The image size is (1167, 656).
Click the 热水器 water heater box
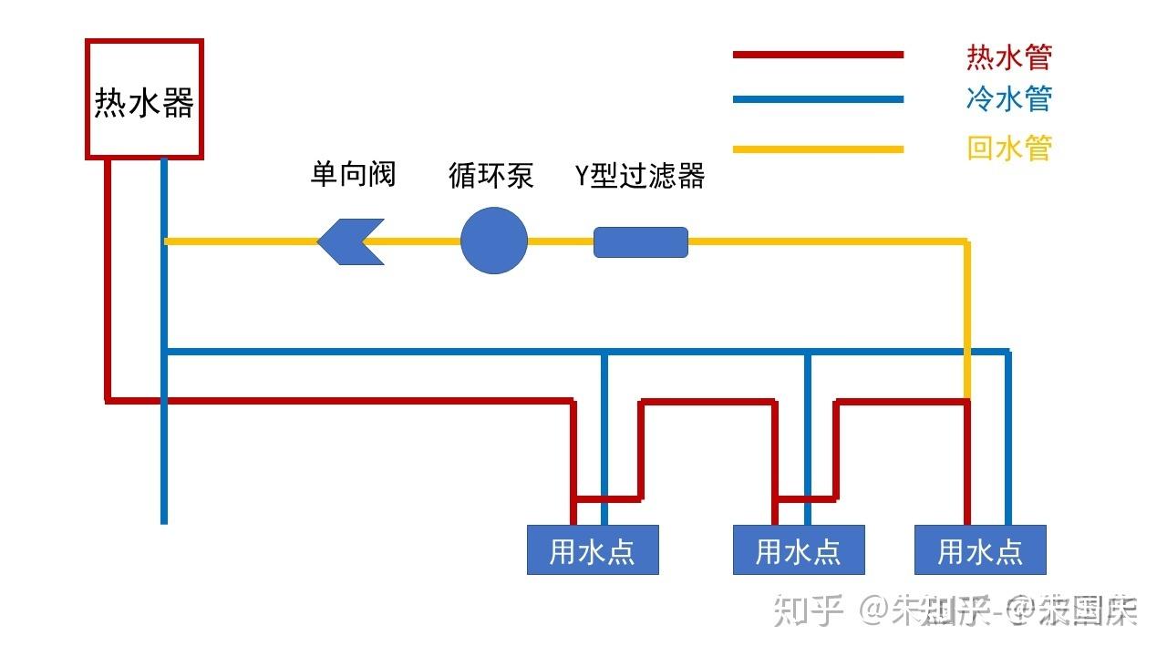[x=144, y=99]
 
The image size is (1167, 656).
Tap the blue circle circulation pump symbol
[x=494, y=241]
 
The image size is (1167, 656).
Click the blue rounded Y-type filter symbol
[x=641, y=242]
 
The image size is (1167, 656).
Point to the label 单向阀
[x=353, y=174]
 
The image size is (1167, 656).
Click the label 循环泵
[x=491, y=175]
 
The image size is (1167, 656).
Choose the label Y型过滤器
[x=640, y=175]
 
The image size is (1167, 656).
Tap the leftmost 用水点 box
[x=593, y=549]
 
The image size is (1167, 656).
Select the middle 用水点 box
[x=799, y=549]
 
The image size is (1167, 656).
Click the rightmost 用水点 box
[x=980, y=549]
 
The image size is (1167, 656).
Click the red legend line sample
[x=818, y=55]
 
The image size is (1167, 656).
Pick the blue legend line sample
[x=818, y=99]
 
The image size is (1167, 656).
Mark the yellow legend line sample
[x=818, y=149]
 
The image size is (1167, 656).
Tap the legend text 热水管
[x=1009, y=57]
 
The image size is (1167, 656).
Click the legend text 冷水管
[x=1009, y=98]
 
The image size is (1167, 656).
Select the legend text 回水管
[x=1009, y=148]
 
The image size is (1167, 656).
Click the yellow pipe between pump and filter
[x=561, y=242]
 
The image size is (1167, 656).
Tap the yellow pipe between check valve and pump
[x=421, y=242]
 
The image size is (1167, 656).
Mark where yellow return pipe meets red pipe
[x=967, y=399]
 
